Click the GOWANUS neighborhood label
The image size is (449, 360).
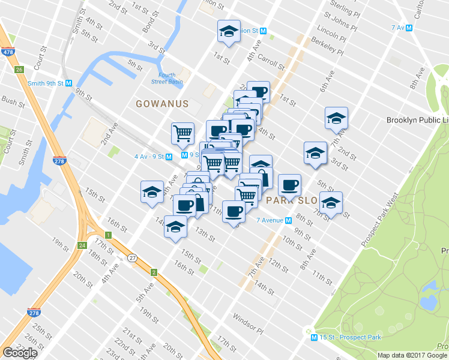tap(162, 104)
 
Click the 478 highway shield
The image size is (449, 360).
tap(8, 52)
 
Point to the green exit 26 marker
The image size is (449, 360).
tap(20, 70)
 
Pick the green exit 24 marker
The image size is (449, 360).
tap(82, 245)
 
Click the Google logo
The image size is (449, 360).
tap(20, 353)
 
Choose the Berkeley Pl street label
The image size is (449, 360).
tap(328, 46)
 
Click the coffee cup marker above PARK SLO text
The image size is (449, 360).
tap(290, 185)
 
